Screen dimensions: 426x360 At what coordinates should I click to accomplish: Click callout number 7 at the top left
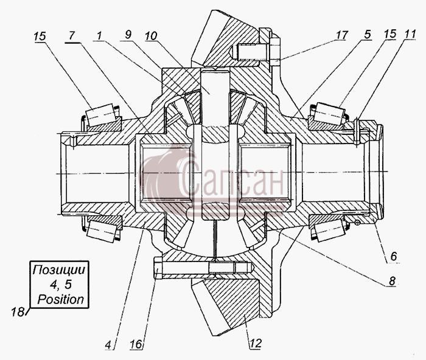click(71, 36)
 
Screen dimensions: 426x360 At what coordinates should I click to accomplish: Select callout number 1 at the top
click(99, 35)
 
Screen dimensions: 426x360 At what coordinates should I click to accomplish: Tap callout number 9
click(128, 35)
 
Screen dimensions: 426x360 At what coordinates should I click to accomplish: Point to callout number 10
click(151, 35)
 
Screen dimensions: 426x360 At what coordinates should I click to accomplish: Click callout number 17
click(342, 35)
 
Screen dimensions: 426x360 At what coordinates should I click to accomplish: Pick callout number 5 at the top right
click(368, 35)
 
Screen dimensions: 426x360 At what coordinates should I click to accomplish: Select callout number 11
click(410, 34)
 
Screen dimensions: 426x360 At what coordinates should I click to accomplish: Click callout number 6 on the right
click(394, 256)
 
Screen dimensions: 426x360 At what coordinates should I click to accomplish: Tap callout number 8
click(392, 281)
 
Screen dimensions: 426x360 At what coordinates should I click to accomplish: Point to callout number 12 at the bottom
click(256, 343)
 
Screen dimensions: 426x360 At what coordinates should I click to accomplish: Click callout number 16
click(137, 344)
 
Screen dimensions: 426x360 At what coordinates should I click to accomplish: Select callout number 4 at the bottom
click(108, 345)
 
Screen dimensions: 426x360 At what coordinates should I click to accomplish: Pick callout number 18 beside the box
click(18, 312)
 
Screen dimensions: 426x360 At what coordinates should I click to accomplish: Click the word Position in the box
click(61, 299)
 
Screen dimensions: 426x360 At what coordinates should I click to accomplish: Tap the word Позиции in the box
click(59, 270)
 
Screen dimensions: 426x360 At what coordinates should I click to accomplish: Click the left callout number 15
click(40, 36)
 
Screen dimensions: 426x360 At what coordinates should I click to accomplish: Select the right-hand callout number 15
click(389, 34)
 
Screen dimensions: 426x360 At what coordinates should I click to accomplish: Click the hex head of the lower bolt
click(158, 268)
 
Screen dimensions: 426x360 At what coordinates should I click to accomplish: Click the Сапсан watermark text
click(231, 178)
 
